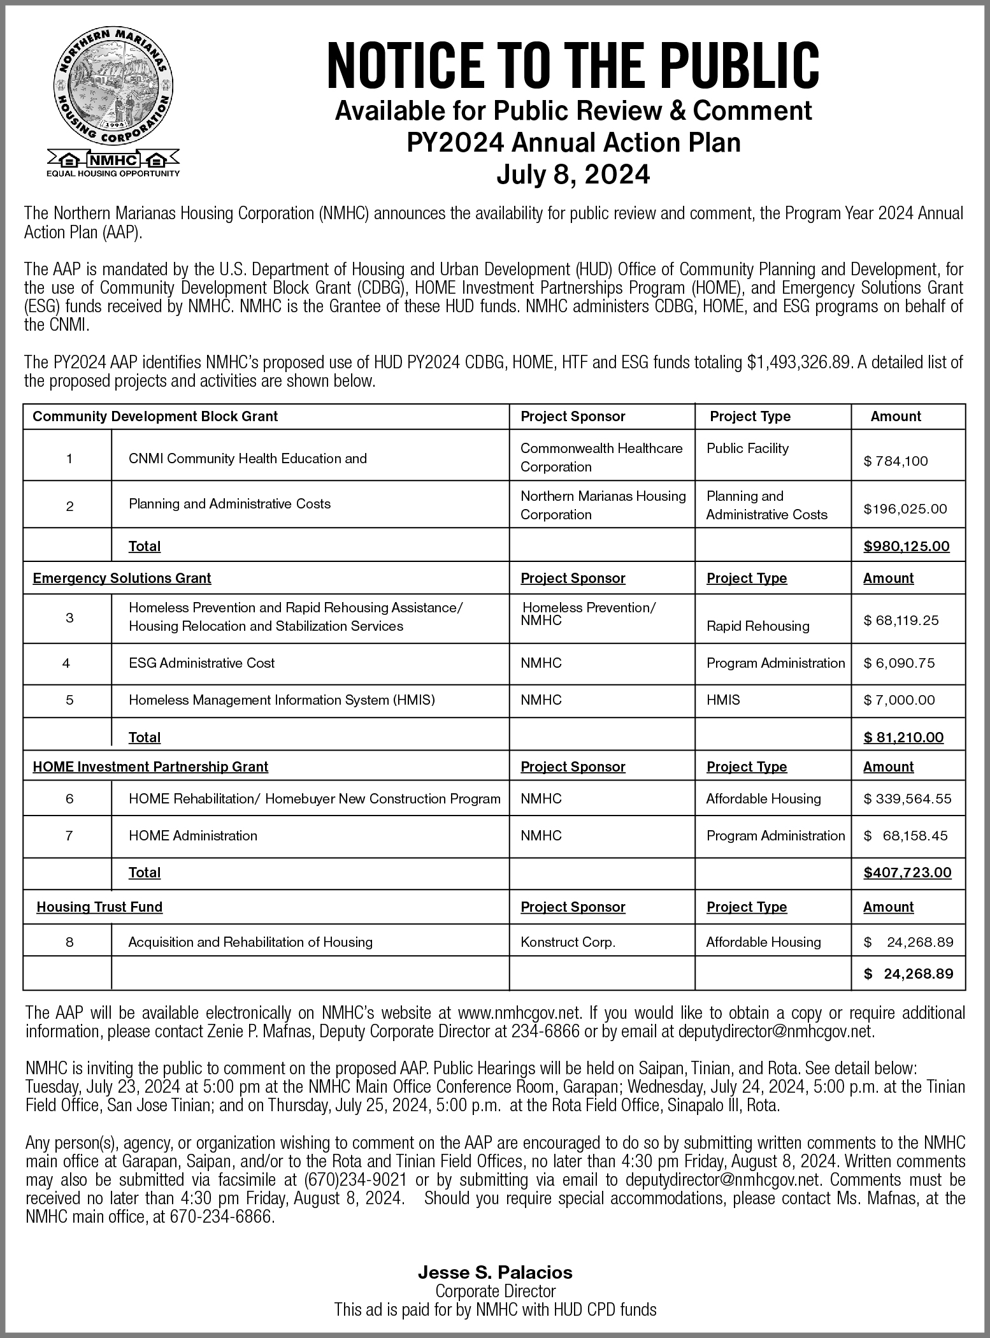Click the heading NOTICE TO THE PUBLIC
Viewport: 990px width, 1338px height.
[573, 66]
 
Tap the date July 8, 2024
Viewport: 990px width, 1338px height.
[573, 174]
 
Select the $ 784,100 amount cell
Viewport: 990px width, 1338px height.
[896, 461]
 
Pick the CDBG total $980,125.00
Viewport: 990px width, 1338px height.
[906, 546]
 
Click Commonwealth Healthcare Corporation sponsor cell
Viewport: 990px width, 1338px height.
[601, 457]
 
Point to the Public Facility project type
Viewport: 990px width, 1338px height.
[747, 448]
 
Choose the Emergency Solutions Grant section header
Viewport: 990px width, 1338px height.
[122, 578]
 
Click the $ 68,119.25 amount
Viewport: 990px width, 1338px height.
[901, 620]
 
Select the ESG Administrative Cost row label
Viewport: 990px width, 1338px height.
[201, 663]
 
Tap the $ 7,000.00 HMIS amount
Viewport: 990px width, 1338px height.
[899, 700]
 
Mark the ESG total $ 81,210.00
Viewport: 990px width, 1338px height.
[903, 737]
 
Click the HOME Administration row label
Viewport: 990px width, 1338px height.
[193, 835]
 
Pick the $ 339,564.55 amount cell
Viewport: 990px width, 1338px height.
[907, 798]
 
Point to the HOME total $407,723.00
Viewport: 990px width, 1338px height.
[907, 872]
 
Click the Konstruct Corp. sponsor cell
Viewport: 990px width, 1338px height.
[568, 942]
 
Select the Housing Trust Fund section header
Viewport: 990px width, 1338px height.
[99, 907]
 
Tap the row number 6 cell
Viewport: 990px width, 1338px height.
[69, 798]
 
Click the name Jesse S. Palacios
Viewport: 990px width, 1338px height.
[495, 1272]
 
